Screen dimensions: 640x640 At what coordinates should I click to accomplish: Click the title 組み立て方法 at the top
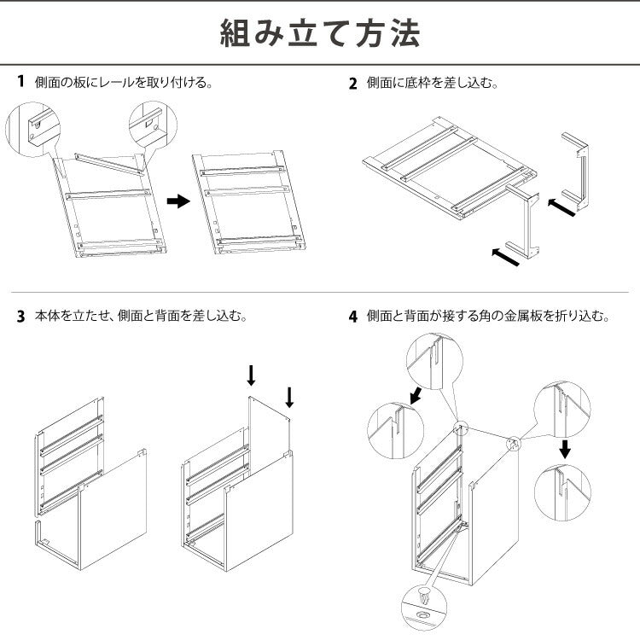(x=320, y=34)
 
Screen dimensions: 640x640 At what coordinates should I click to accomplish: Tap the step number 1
(x=20, y=83)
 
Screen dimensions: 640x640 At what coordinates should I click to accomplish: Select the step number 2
(x=353, y=84)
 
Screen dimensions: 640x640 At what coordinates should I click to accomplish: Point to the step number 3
(x=20, y=316)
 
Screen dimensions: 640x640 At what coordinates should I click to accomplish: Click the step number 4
(x=353, y=317)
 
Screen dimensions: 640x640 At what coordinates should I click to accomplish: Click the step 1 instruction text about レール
(x=123, y=83)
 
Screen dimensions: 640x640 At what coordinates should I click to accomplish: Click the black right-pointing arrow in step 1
(x=177, y=201)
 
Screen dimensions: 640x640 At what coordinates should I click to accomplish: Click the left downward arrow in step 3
(x=251, y=375)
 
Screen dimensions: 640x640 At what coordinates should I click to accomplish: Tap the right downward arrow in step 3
(x=289, y=397)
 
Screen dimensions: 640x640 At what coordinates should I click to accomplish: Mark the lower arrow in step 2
(x=506, y=256)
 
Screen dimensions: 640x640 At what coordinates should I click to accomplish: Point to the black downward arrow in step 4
(x=564, y=448)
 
